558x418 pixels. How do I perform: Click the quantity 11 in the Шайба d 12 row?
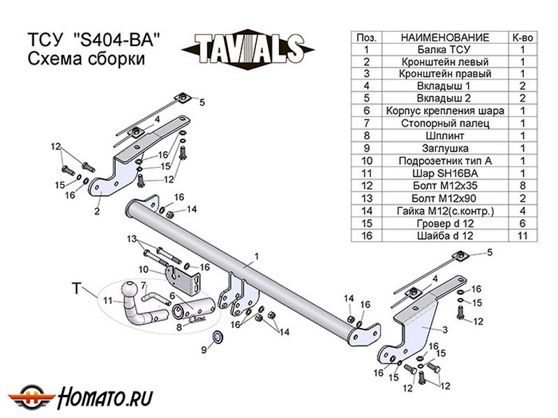[522, 236]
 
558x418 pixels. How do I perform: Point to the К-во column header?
[522, 37]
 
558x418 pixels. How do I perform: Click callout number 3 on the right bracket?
[444, 330]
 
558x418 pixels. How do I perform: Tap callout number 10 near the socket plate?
[142, 269]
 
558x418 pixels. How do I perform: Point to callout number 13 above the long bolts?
[131, 238]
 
